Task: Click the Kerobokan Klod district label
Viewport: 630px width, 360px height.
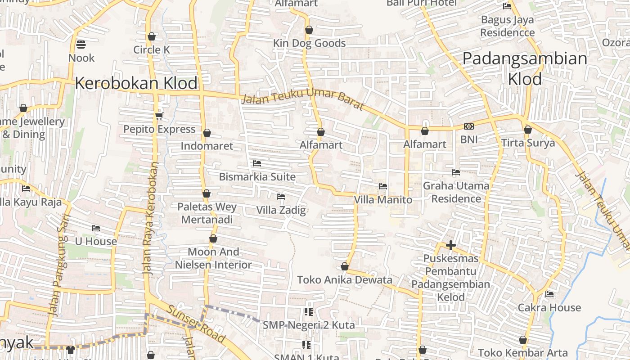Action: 136,83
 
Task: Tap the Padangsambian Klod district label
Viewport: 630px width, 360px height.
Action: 525,68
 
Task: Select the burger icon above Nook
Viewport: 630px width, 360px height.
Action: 81,44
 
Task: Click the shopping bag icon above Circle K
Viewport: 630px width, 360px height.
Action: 152,36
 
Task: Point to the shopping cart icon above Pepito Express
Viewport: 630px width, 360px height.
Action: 159,116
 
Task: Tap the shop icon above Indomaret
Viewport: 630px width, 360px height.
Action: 207,133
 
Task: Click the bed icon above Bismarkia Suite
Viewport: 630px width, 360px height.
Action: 257,163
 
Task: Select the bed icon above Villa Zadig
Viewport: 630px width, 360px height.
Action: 281,197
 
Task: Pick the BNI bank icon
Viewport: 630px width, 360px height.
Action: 469,126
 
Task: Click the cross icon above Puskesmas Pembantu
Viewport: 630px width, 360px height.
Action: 451,245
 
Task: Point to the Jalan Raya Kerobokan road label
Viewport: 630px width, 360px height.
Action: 151,218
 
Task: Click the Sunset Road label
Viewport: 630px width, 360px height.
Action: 195,323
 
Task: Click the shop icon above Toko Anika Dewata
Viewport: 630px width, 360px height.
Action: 345,267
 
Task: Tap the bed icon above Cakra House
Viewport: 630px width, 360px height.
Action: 549,294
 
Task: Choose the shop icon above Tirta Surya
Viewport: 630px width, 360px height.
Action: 528,130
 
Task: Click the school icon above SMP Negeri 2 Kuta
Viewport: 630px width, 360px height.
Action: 308,311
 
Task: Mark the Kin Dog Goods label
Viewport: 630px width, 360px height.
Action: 309,43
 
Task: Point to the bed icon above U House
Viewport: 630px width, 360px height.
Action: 96,228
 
